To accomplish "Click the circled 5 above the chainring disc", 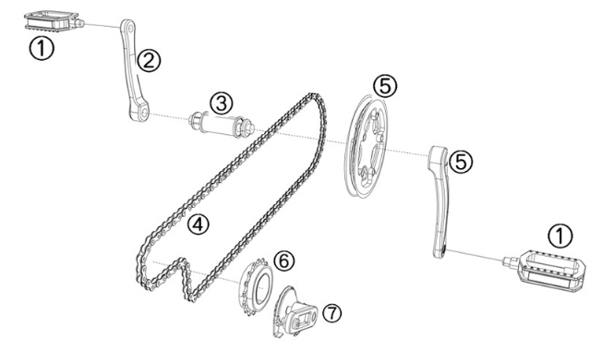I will tap(385, 85).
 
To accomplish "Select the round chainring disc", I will tap(370, 148).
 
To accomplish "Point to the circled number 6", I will tap(284, 261).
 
